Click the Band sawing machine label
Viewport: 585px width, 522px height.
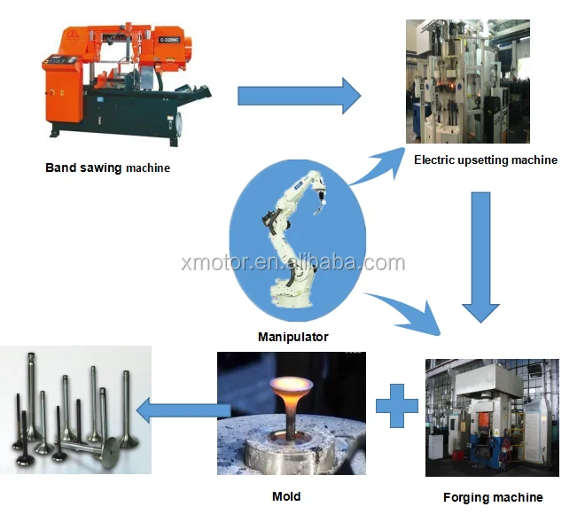[107, 167]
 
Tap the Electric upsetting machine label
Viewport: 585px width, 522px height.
[485, 160]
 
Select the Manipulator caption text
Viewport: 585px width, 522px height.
[292, 337]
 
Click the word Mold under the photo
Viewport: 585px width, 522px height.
[285, 496]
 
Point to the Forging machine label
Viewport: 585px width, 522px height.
[493, 497]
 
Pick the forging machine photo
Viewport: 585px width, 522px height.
[492, 417]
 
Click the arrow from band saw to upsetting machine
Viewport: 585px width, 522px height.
[299, 95]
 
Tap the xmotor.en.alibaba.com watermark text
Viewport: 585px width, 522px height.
[292, 263]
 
